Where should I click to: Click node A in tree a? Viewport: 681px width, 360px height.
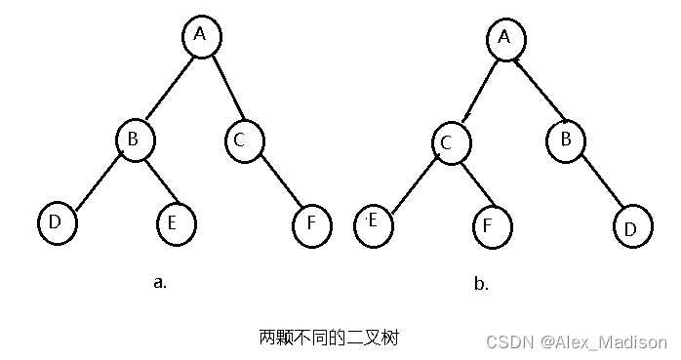pyautogui.click(x=202, y=35)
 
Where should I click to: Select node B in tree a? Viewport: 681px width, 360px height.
pyautogui.click(x=135, y=140)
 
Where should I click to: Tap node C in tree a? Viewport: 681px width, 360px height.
pyautogui.click(x=241, y=140)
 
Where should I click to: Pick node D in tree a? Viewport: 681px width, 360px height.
pyautogui.click(x=56, y=223)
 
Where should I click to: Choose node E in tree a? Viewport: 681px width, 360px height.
pyautogui.click(x=173, y=223)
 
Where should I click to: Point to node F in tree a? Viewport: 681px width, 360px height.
pyautogui.click(x=310, y=223)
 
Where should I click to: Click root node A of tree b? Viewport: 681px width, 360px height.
pyautogui.click(x=505, y=38)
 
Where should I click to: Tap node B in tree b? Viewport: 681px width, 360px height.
pyautogui.click(x=565, y=140)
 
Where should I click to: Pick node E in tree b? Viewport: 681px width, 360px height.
pyautogui.click(x=372, y=222)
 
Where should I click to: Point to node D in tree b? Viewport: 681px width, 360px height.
pyautogui.click(x=631, y=229)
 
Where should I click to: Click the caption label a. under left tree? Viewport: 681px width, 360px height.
pyautogui.click(x=160, y=283)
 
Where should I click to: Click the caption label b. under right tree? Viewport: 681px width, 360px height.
pyautogui.click(x=480, y=285)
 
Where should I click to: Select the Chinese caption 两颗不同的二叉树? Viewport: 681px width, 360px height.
pyautogui.click(x=329, y=338)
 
